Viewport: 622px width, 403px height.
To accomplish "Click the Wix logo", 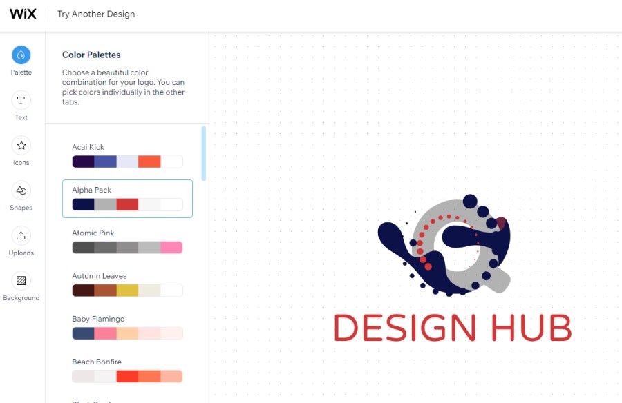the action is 23,14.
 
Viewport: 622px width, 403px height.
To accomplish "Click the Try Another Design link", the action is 96,14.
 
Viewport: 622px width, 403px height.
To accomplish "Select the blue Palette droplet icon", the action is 21,55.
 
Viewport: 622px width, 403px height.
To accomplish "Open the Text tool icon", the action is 21,100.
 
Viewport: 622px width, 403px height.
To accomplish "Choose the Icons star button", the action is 21,146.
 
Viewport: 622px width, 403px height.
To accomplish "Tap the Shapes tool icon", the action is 21,190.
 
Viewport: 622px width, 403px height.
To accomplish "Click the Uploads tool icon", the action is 21,236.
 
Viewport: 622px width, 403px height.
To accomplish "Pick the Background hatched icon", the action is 21,281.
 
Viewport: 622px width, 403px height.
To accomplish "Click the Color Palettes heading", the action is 91,55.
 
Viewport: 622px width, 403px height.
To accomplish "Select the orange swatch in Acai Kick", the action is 149,161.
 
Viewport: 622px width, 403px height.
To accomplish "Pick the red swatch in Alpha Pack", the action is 127,204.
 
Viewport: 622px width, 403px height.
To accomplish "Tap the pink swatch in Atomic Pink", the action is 171,247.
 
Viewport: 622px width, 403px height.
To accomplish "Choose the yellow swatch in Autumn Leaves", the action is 127,290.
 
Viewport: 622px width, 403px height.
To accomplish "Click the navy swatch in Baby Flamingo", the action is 84,333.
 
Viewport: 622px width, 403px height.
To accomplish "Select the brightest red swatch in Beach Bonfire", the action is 127,376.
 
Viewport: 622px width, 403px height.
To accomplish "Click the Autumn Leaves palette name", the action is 99,276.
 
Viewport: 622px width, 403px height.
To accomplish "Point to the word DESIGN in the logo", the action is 404,328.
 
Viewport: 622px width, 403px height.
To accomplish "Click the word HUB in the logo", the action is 531,328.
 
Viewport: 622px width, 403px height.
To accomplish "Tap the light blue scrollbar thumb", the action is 203,153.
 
